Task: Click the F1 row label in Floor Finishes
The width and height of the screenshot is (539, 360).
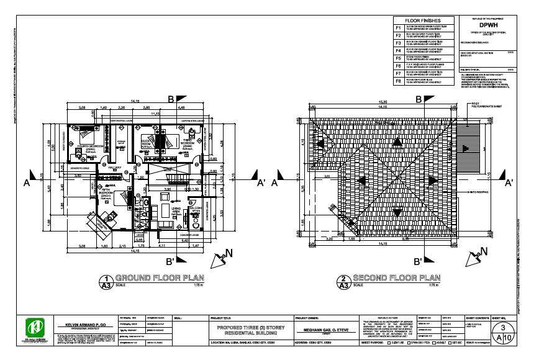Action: click(x=399, y=28)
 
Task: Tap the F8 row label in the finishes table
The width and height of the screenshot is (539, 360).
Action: click(x=399, y=81)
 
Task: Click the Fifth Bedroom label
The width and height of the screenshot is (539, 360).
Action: click(x=106, y=196)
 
